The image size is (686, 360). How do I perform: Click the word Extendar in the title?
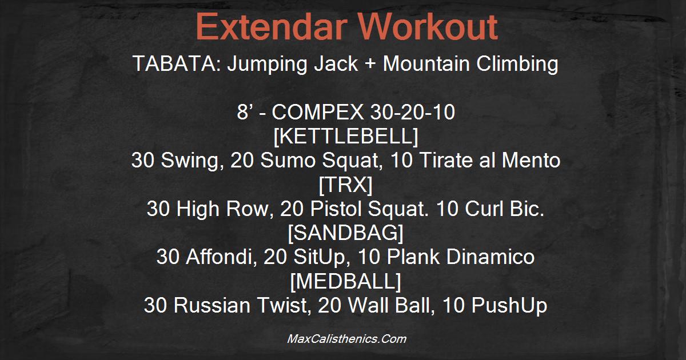coord(272,27)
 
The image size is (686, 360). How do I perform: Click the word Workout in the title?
coord(428,27)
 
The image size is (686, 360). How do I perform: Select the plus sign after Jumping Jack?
coord(370,64)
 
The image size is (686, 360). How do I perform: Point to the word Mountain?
coord(426,63)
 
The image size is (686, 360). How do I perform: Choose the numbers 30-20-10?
coord(413,112)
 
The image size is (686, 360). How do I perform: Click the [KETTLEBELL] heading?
coord(346,136)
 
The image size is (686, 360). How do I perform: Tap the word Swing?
coord(190,161)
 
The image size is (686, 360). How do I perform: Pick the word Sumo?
coord(288,160)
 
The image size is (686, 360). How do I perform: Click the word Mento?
coord(531,160)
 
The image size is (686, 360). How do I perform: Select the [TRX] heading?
coord(346,185)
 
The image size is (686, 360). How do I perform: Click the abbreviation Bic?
coord(527,209)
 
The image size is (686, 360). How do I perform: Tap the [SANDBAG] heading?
coord(346,233)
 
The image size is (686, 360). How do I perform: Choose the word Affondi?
coord(221,257)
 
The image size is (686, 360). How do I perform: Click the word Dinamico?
coord(490,257)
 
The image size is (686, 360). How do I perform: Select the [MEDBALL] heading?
coord(346,281)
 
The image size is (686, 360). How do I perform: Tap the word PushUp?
coord(509,306)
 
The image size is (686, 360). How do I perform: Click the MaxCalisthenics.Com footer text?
coord(346,339)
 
